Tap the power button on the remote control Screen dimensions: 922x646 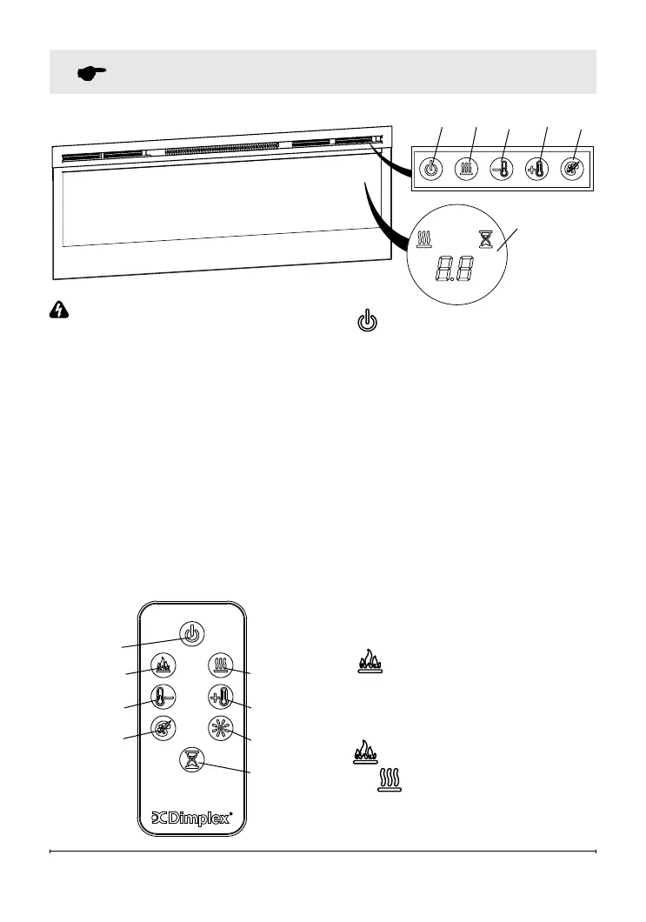pos(192,634)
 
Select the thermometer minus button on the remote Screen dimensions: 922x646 pos(163,697)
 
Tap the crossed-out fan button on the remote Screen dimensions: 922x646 pos(163,728)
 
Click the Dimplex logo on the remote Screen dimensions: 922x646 pos(192,818)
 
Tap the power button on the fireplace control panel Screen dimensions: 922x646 pos(430,169)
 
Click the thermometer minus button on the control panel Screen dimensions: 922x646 pos(502,169)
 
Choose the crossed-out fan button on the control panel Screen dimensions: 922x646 pos(574,169)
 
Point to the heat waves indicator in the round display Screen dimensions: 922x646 pos(426,237)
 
